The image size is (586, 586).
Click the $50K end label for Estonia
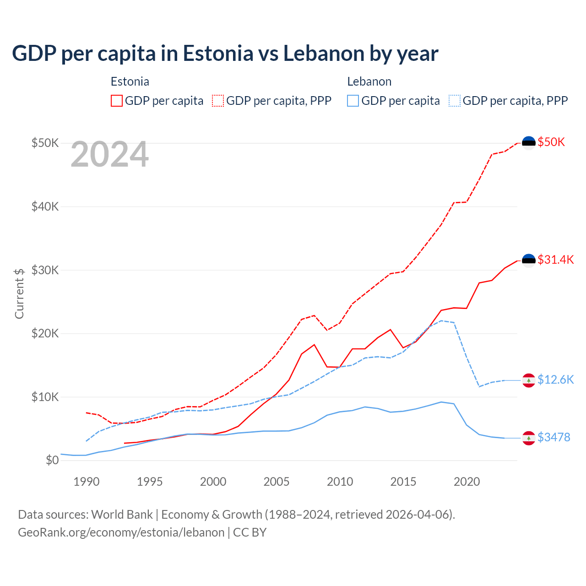click(x=551, y=142)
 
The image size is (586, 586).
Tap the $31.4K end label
click(x=555, y=260)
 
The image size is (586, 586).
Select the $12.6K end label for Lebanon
click(x=555, y=380)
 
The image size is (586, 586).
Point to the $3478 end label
click(x=553, y=437)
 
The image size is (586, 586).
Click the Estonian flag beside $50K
click(x=529, y=143)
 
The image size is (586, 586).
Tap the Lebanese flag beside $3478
click(x=529, y=438)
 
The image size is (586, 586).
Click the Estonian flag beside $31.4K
click(x=529, y=260)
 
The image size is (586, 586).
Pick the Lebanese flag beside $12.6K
click(x=529, y=380)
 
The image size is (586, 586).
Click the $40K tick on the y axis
click(x=45, y=206)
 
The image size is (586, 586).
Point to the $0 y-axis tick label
click(x=52, y=460)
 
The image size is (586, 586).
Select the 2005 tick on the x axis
click(x=277, y=482)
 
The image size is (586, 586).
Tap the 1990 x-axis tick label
click(x=87, y=482)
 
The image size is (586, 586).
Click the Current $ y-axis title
click(x=19, y=293)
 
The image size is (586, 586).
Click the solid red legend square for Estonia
click(x=117, y=101)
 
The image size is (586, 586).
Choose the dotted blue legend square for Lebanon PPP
click(x=455, y=101)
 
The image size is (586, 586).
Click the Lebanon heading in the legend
click(x=369, y=81)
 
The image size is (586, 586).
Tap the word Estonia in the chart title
click(x=218, y=53)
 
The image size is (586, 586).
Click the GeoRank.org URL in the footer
click(x=121, y=532)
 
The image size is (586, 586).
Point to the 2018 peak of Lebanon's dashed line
click(x=441, y=320)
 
